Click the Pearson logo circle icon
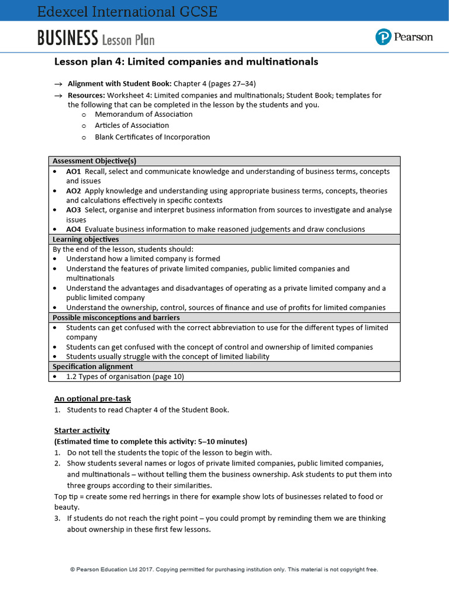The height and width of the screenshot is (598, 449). (383, 37)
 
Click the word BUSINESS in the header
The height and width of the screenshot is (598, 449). (67, 39)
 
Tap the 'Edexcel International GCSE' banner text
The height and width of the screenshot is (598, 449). (127, 11)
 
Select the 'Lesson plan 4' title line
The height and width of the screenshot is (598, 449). (186, 62)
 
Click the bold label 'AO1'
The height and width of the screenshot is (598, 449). (74, 172)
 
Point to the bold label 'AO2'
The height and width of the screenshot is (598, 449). (74, 191)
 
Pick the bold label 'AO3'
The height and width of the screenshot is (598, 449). (74, 210)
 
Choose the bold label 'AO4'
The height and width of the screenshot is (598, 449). (74, 230)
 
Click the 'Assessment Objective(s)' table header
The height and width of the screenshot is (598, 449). (94, 161)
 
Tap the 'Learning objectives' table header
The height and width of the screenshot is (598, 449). (85, 239)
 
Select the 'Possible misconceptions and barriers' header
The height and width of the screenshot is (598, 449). (116, 318)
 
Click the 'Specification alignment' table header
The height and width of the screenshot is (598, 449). (92, 367)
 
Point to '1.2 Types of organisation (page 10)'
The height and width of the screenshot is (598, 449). (125, 377)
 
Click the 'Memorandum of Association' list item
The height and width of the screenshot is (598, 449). (143, 114)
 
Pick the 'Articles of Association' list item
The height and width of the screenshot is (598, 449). (132, 126)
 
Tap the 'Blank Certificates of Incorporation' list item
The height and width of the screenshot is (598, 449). (152, 137)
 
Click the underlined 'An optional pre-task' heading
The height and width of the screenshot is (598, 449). (92, 399)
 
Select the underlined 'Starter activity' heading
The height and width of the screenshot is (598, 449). (82, 431)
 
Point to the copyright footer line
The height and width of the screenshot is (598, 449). (224, 569)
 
